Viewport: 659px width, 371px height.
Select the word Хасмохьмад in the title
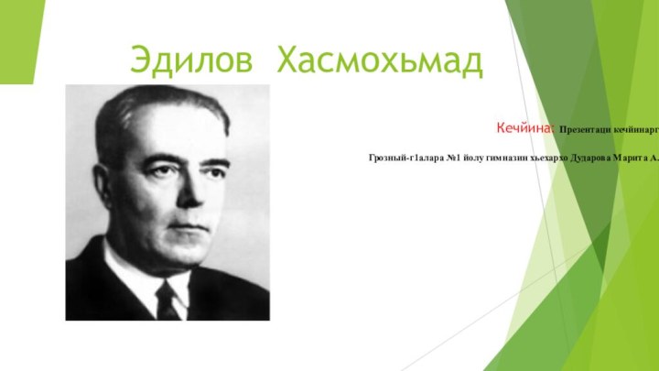(x=380, y=60)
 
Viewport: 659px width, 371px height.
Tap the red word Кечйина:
(x=526, y=128)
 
